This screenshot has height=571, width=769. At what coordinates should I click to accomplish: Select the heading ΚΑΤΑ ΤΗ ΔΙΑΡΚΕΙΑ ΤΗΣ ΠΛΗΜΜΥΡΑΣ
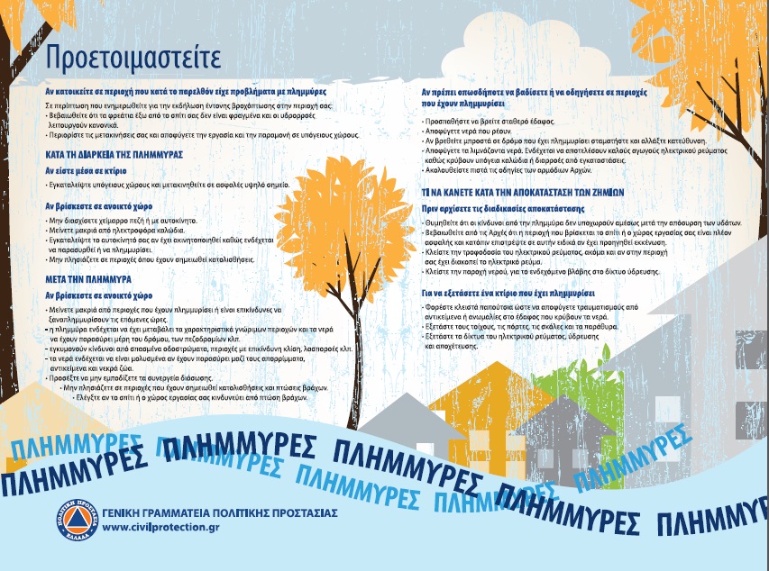114,155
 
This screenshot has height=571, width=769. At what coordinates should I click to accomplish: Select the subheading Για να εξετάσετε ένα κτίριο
508,294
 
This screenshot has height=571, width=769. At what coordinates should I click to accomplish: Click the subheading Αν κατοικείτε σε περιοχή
186,92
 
